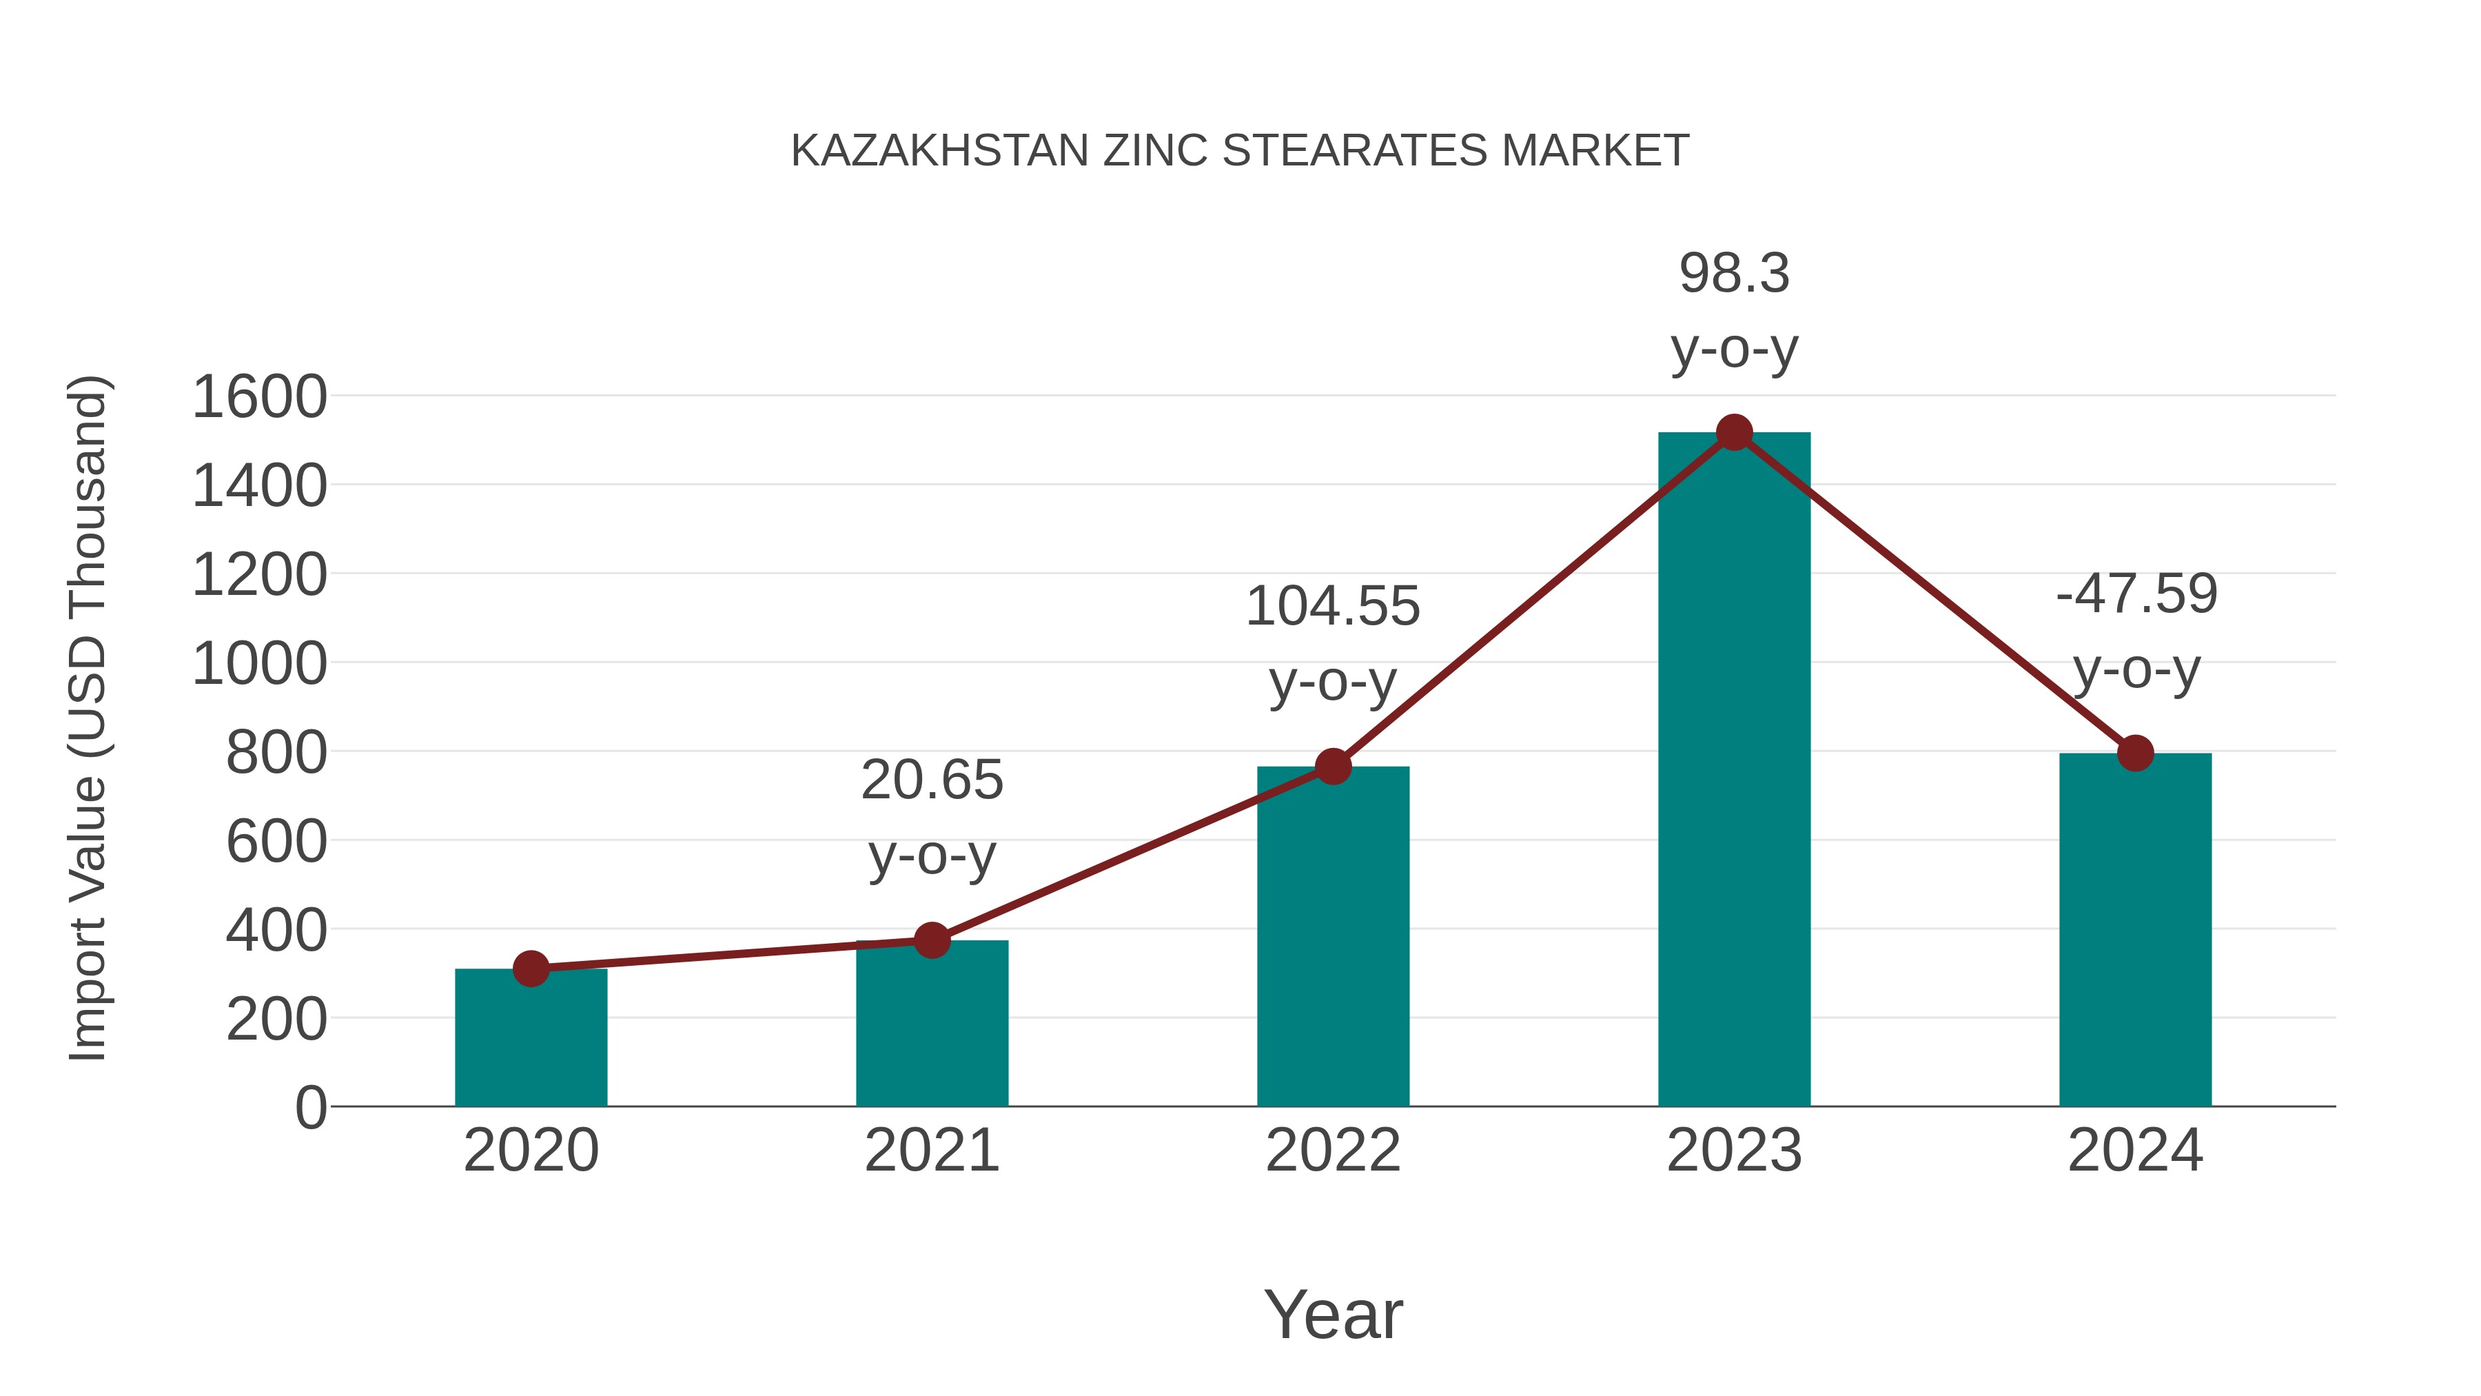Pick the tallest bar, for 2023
point(1734,771)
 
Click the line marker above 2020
point(531,969)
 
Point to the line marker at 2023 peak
point(1734,432)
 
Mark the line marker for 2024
point(2135,752)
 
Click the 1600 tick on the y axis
point(259,397)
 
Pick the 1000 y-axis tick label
point(259,664)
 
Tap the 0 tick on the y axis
point(310,1107)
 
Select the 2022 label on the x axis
point(1333,1151)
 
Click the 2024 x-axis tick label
point(2135,1151)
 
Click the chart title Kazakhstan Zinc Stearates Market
point(1240,150)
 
